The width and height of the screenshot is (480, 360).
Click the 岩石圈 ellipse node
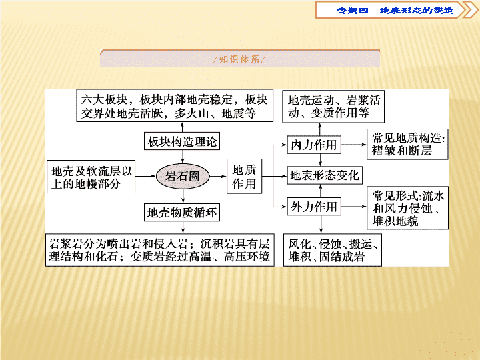click(x=183, y=176)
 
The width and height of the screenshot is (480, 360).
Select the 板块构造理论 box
click(x=182, y=141)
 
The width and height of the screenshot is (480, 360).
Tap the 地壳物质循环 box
click(x=182, y=212)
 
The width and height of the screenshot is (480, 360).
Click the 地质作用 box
click(x=244, y=176)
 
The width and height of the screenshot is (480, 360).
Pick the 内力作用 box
click(x=314, y=145)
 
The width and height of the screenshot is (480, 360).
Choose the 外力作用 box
click(x=314, y=207)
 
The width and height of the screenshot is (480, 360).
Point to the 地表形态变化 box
click(x=325, y=175)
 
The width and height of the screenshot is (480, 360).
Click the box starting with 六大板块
click(x=175, y=106)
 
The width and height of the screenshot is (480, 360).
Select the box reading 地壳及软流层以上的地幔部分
click(x=91, y=177)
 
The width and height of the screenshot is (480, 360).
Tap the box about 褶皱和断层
click(x=407, y=144)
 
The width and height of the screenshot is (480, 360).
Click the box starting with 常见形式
click(x=407, y=208)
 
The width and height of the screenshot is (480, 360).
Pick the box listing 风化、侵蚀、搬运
click(x=333, y=250)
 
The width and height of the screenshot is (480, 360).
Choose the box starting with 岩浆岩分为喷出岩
click(x=160, y=250)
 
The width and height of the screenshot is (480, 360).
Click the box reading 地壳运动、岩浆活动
click(x=333, y=107)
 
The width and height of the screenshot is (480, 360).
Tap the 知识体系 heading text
click(x=240, y=59)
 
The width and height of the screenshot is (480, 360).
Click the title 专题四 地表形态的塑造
click(x=395, y=11)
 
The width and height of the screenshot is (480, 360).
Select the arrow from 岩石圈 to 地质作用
click(x=218, y=176)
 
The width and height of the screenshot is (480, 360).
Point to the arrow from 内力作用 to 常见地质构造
click(x=354, y=145)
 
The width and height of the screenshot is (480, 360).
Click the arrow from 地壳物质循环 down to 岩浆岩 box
click(x=183, y=227)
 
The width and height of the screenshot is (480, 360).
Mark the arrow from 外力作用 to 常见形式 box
click(x=354, y=207)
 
